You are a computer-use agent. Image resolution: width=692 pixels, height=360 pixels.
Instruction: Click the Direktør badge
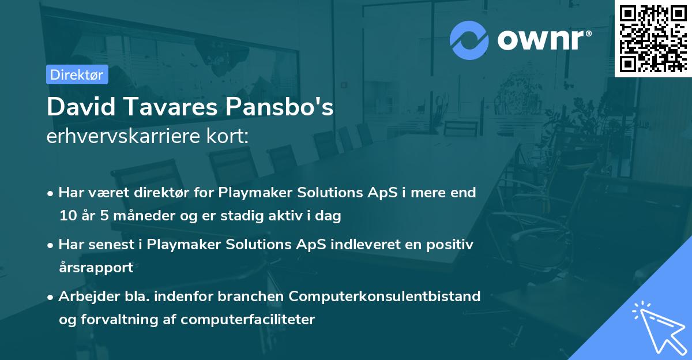(x=77, y=74)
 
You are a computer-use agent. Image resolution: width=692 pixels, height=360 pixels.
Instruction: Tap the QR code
(x=653, y=38)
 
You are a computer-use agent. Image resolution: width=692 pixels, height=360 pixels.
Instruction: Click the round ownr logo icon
(x=469, y=40)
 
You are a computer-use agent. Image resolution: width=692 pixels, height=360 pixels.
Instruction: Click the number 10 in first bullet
(x=66, y=216)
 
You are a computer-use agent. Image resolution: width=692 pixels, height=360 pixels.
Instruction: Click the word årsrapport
(x=96, y=268)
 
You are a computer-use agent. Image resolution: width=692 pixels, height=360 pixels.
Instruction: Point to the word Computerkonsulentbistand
(x=385, y=297)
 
